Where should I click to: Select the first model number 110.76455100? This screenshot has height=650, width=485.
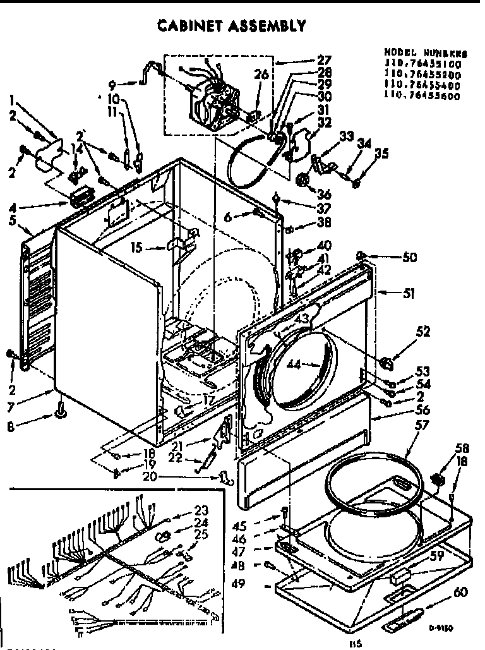pyautogui.click(x=422, y=64)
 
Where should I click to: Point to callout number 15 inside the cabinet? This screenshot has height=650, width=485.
pyautogui.click(x=154, y=248)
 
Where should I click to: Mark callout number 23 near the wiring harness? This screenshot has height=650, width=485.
pyautogui.click(x=201, y=510)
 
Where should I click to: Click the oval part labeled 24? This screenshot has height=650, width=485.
pyautogui.click(x=164, y=536)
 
